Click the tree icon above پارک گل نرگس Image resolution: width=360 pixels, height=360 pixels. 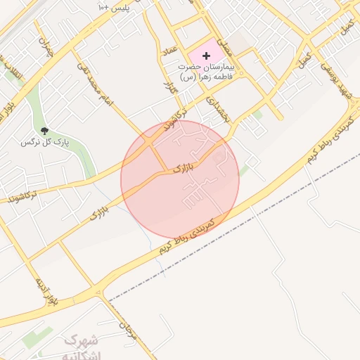tap(45, 131)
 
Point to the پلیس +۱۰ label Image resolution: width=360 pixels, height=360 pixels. tap(112, 6)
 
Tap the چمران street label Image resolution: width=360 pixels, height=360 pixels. tap(46, 47)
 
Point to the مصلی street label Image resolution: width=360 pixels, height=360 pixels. tap(224, 46)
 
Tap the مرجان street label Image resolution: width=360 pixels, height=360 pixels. tap(127, 328)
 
